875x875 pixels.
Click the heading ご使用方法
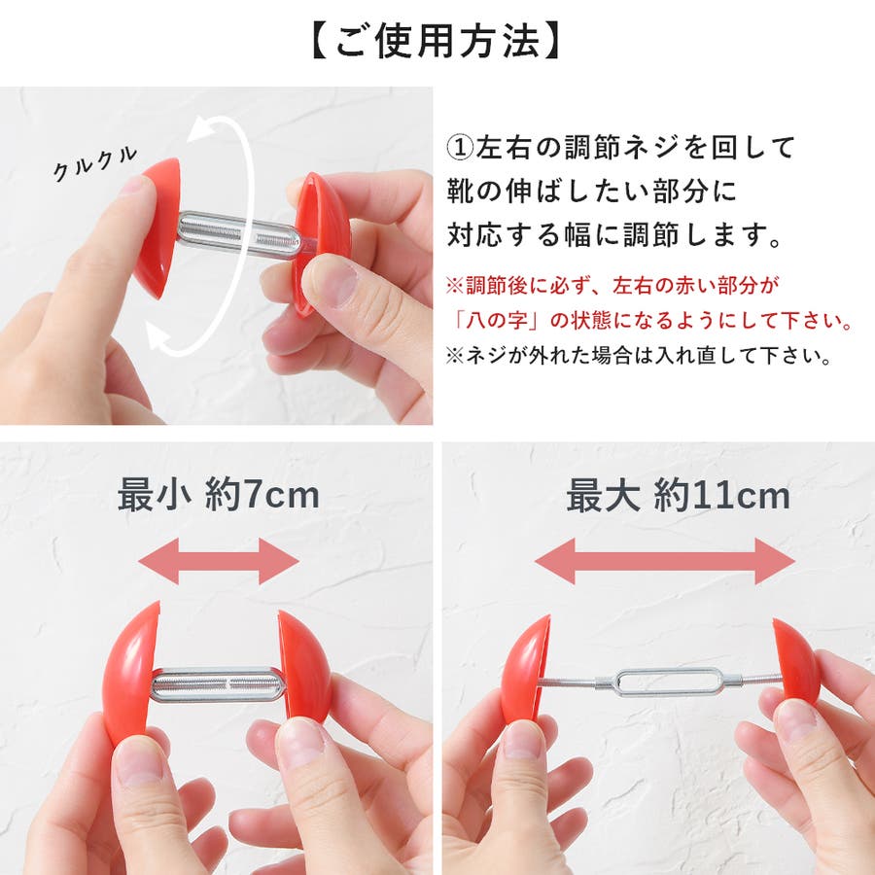437,41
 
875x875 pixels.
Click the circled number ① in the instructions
460,148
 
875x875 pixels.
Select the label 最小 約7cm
218,495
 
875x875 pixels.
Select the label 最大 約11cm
678,496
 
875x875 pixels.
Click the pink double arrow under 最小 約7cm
218,561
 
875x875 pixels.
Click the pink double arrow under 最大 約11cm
665,561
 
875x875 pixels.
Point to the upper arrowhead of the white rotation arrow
201,129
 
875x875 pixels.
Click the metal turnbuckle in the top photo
239,235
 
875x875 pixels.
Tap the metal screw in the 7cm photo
218,684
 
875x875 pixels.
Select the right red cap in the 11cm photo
794,661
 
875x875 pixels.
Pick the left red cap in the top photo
157,227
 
